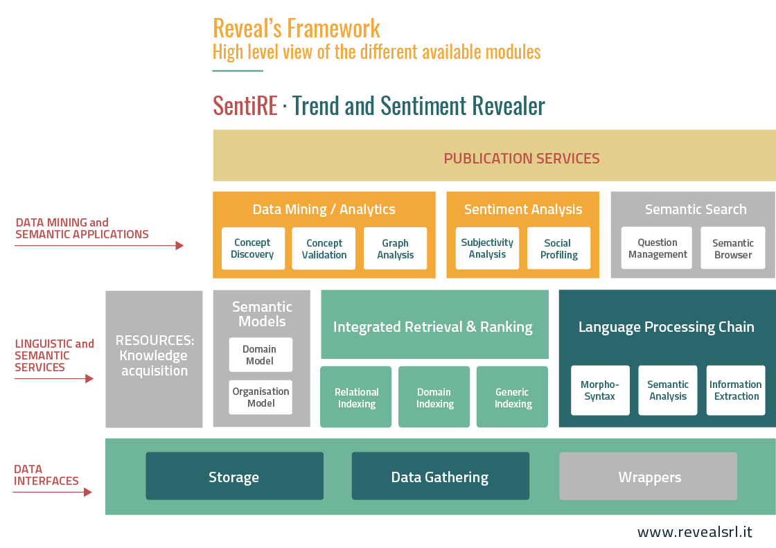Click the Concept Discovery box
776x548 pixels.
[x=253, y=249]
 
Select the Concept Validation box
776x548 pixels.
[x=324, y=249]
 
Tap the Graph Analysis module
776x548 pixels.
[x=395, y=249]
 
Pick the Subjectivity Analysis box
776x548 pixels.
[x=487, y=249]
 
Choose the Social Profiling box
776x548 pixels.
[x=558, y=249]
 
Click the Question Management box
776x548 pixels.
[x=657, y=248]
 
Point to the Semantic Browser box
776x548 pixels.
[x=733, y=248]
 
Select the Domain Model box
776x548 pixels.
[x=261, y=355]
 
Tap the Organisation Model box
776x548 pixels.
[x=261, y=397]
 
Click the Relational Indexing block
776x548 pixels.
[x=356, y=397]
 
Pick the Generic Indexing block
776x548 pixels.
[x=512, y=397]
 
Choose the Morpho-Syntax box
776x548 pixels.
[x=600, y=390]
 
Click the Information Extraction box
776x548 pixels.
[x=736, y=390]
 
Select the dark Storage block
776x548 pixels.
[x=235, y=476]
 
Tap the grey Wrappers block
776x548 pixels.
[x=649, y=476]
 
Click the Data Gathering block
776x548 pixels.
[x=441, y=476]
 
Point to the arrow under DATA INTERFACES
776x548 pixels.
[x=53, y=492]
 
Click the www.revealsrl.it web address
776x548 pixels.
[x=694, y=532]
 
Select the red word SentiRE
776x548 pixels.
[x=245, y=105]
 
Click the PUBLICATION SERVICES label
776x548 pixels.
[x=522, y=159]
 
